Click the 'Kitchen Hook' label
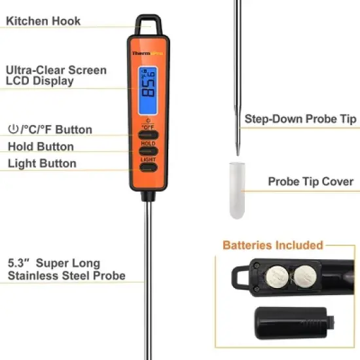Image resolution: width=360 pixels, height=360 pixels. (x=43, y=21)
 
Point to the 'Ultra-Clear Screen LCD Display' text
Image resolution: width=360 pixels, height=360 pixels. (x=56, y=76)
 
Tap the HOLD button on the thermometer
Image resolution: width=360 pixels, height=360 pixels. (x=148, y=149)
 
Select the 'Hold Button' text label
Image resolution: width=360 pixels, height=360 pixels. (x=41, y=147)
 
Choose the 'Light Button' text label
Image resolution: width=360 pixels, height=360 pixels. (x=42, y=164)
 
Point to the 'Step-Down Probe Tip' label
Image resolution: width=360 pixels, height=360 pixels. (x=300, y=119)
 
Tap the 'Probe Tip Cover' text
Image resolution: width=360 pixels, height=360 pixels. (x=310, y=181)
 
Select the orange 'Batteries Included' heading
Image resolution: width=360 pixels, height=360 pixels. (x=273, y=245)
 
